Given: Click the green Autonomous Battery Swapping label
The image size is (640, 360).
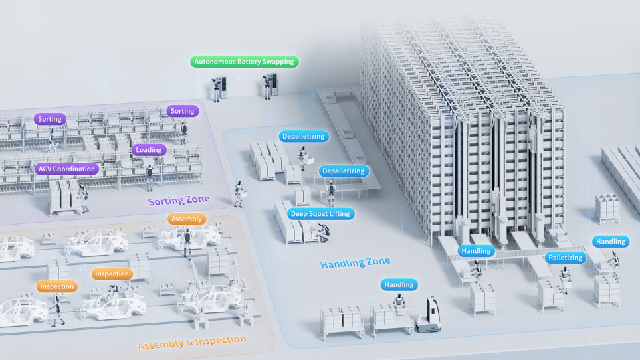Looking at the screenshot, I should click(245, 62).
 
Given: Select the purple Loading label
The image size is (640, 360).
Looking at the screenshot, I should click(148, 150).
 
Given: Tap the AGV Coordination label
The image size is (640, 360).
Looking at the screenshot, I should click(66, 169).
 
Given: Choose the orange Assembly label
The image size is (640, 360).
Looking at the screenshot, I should click(186, 219).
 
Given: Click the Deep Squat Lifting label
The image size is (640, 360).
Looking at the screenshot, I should click(321, 214).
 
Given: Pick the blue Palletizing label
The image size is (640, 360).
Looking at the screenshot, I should click(565, 258).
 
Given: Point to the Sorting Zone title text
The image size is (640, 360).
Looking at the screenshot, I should click(178, 200).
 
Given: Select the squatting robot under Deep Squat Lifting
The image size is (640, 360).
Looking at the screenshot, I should click(324, 231).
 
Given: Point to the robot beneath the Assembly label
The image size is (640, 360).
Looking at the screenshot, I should click(188, 242).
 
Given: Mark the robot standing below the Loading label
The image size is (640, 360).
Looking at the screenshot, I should click(150, 176).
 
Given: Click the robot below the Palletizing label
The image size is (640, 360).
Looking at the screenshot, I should click(566, 279).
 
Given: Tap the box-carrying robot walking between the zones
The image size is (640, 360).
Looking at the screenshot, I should click(239, 193).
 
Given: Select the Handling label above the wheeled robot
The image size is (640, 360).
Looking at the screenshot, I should click(399, 284).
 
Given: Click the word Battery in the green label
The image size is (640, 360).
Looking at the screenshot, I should click(249, 62).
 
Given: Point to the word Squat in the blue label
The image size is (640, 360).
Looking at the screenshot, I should click(319, 214).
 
